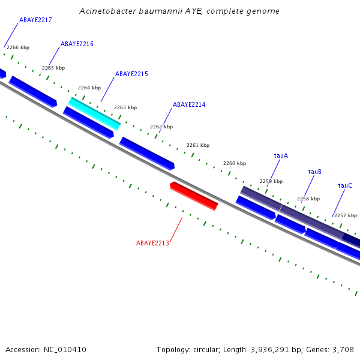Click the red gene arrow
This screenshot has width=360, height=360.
point(194,196)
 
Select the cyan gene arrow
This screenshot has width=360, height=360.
point(94,113)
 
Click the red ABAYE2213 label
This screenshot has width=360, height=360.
point(152,244)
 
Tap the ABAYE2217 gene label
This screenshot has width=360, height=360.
point(35,20)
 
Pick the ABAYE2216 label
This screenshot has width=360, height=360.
point(77,44)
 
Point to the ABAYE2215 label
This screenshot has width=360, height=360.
point(131,74)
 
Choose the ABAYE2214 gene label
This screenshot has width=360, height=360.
point(189,105)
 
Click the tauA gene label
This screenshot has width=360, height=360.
point(281,156)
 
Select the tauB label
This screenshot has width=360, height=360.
point(315,172)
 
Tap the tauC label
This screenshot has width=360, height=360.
point(345,186)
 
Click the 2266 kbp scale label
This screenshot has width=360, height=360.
point(18,47)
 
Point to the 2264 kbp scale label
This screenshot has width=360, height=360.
point(89,88)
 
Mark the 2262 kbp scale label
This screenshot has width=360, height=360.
point(161,127)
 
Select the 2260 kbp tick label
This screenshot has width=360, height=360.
point(235,164)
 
